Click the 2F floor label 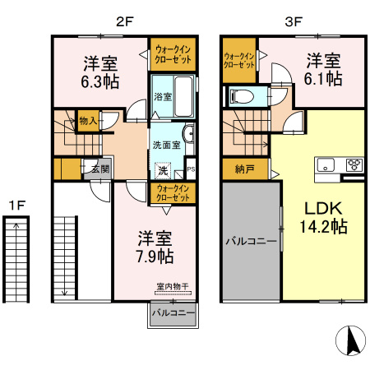point(125,21)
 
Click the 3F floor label point(294,21)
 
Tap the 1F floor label point(17,205)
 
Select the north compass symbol point(351,340)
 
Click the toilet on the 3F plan point(242,97)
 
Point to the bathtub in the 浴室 point(183,96)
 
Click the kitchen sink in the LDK point(326,165)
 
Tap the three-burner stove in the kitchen point(354,165)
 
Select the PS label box point(191,169)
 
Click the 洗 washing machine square point(163,170)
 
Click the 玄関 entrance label point(100,169)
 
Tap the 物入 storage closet point(88,121)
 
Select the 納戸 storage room point(245,169)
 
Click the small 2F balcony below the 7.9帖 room point(173,315)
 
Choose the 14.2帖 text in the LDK point(323,227)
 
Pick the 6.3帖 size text point(100,81)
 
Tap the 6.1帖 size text point(323,78)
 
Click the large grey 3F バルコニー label point(251,242)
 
